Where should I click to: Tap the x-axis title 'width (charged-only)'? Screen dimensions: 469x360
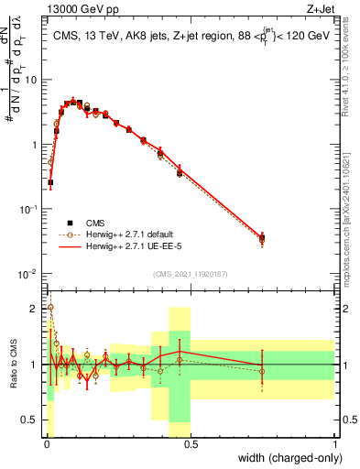284,457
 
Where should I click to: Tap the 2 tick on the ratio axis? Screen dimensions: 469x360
36,308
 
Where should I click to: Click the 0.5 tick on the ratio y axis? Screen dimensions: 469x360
32,421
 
